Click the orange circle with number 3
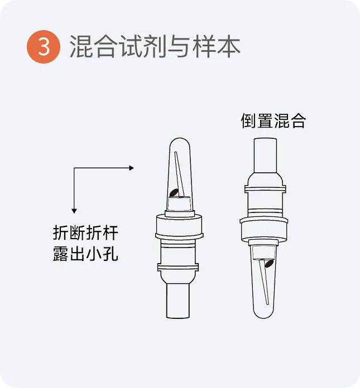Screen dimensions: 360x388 44,47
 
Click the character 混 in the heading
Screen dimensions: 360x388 81,46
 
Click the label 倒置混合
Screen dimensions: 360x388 273,121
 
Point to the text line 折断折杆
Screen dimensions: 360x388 85,232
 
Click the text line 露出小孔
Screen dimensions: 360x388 85,254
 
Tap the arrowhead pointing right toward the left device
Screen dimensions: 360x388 131,168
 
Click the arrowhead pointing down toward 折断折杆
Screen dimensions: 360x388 74,211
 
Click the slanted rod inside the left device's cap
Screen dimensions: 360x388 179,174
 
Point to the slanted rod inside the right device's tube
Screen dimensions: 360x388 263,282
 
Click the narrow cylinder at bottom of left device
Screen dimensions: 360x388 178,300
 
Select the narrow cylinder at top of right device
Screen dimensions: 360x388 265,156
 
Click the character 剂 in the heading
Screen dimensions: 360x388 155,46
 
